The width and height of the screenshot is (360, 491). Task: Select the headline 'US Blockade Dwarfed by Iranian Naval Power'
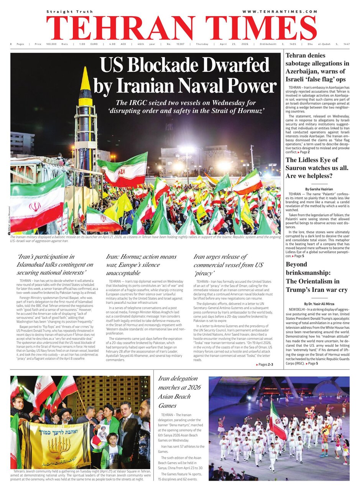[x=185, y=76]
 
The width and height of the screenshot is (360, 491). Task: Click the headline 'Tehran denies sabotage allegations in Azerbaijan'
[x=317, y=68]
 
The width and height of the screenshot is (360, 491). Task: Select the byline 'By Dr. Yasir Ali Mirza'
[x=317, y=303]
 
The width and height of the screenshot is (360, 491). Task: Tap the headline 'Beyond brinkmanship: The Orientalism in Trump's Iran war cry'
[x=316, y=277]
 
